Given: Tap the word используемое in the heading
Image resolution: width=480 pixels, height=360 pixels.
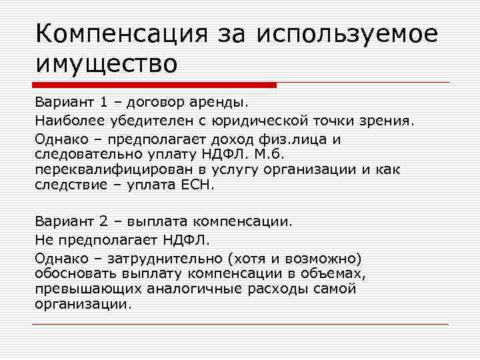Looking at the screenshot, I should tap(346, 34).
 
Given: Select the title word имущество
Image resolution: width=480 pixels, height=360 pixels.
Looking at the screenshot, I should tap(107, 65).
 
